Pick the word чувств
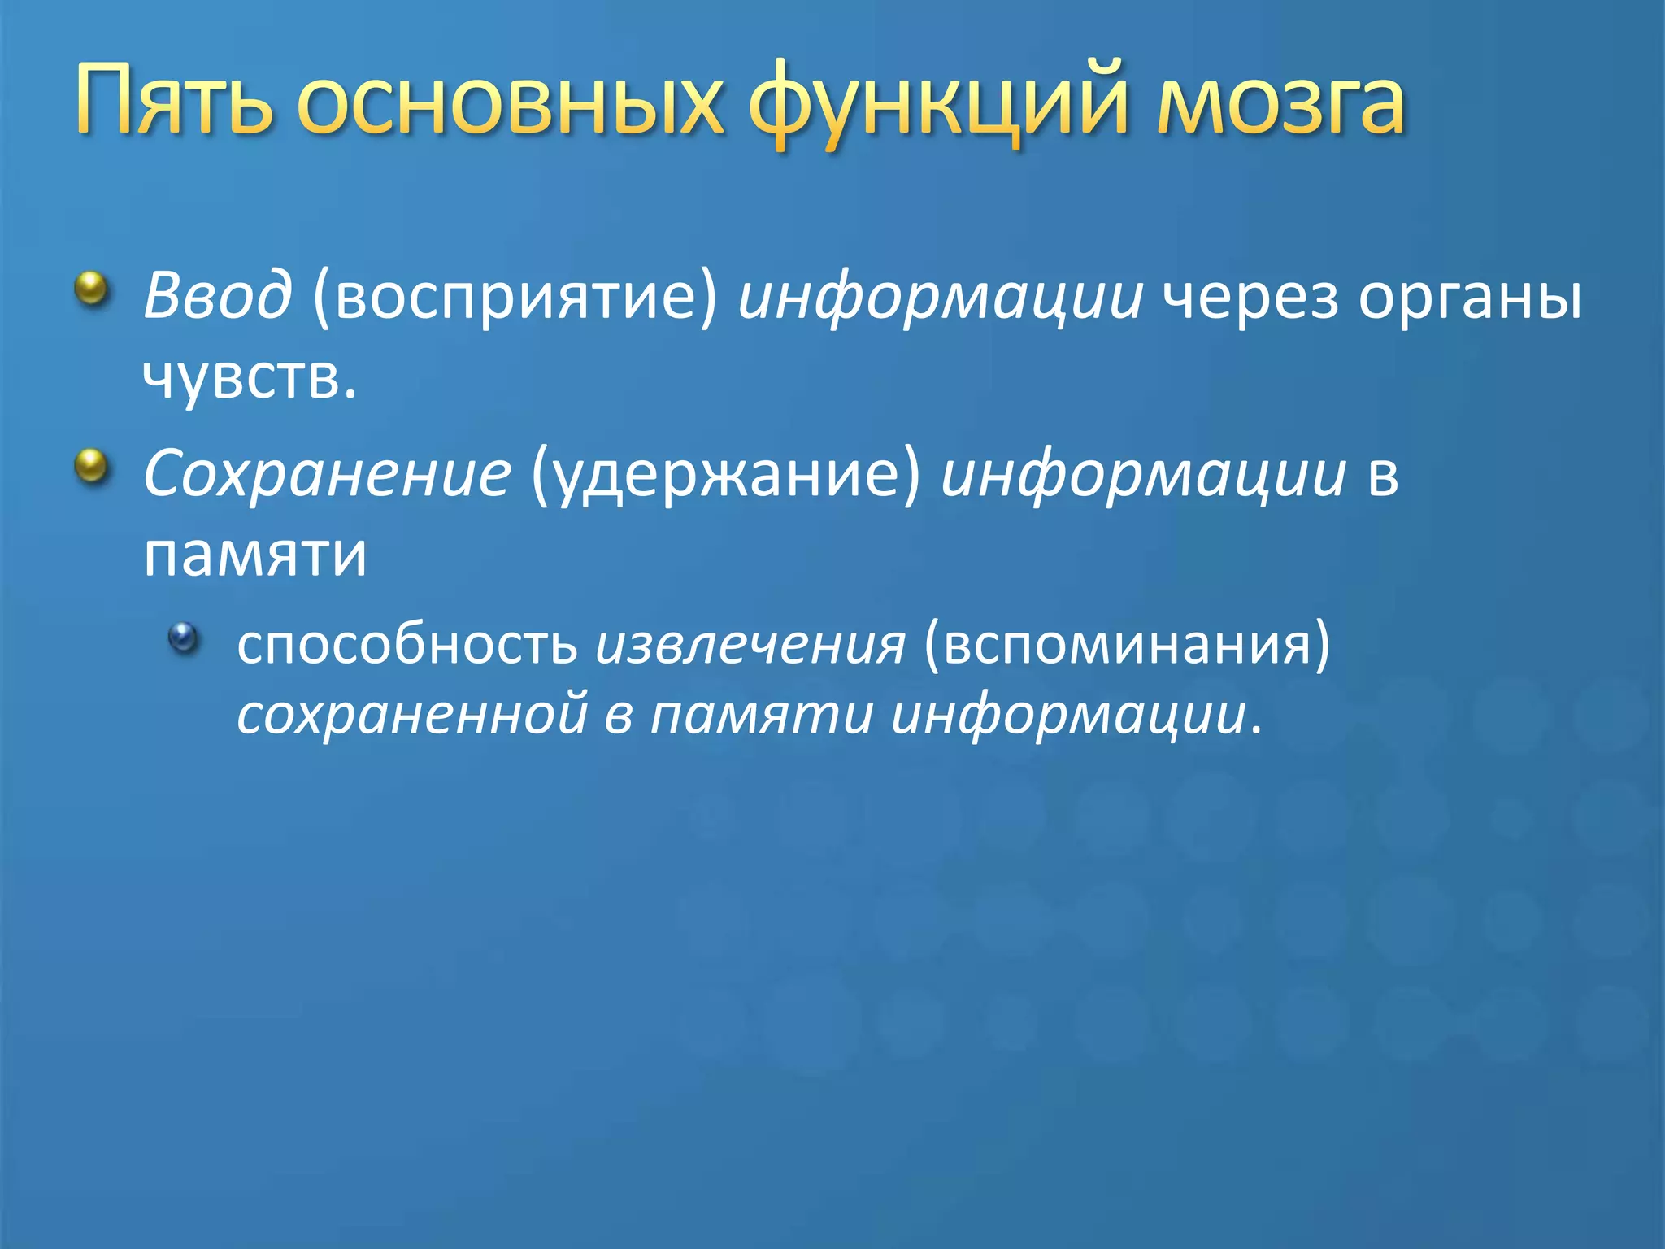point(249,377)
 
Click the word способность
point(406,644)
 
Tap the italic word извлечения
point(750,646)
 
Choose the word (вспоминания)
point(1127,646)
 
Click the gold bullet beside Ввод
point(92,288)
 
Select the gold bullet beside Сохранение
point(92,466)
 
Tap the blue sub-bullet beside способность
point(184,637)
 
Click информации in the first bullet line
point(940,298)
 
